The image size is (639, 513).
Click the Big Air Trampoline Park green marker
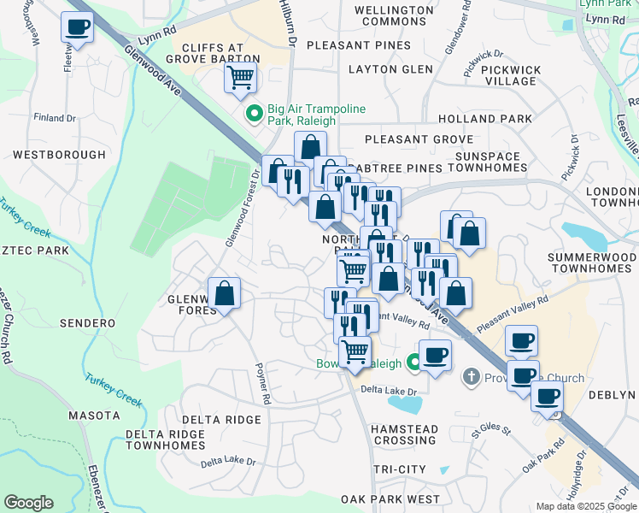(x=254, y=113)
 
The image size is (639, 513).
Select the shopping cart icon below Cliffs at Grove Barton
(x=241, y=78)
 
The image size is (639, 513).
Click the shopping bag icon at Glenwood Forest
(x=224, y=295)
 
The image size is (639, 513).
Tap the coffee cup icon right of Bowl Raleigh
(x=435, y=355)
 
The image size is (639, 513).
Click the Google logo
(x=28, y=503)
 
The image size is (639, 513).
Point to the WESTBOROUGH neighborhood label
(x=60, y=155)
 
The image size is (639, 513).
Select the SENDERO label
(x=87, y=323)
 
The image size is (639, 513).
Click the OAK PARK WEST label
(x=390, y=498)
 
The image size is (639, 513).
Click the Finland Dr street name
(x=55, y=117)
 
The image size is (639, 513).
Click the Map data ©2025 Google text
(x=585, y=506)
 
